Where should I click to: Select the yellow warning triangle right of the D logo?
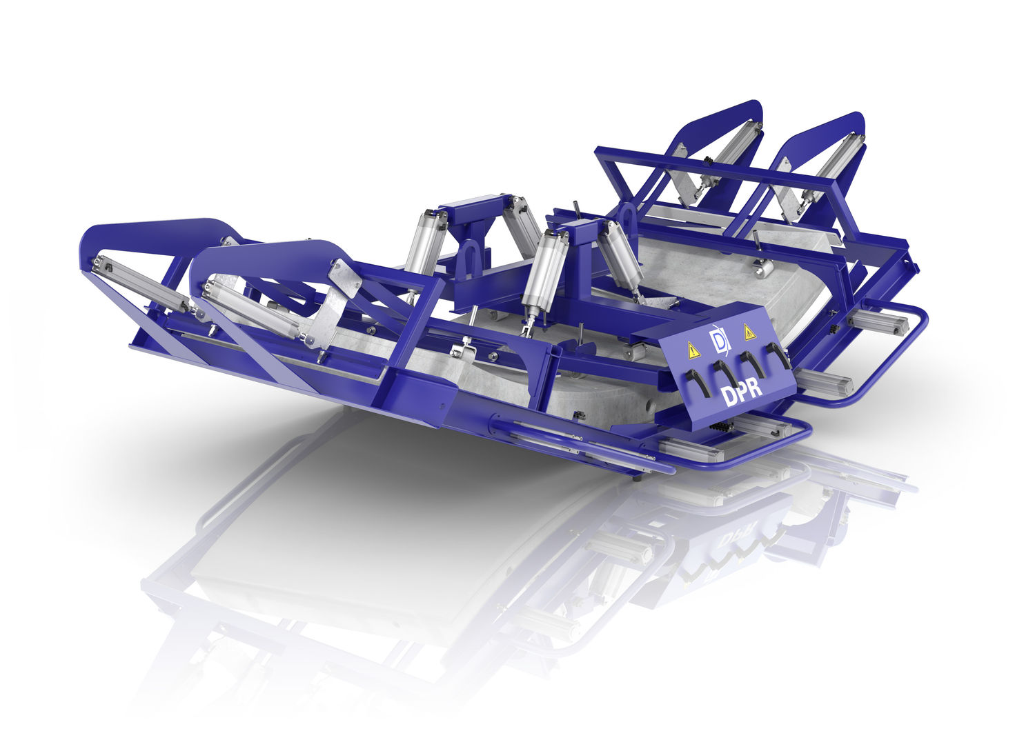[x=750, y=332]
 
